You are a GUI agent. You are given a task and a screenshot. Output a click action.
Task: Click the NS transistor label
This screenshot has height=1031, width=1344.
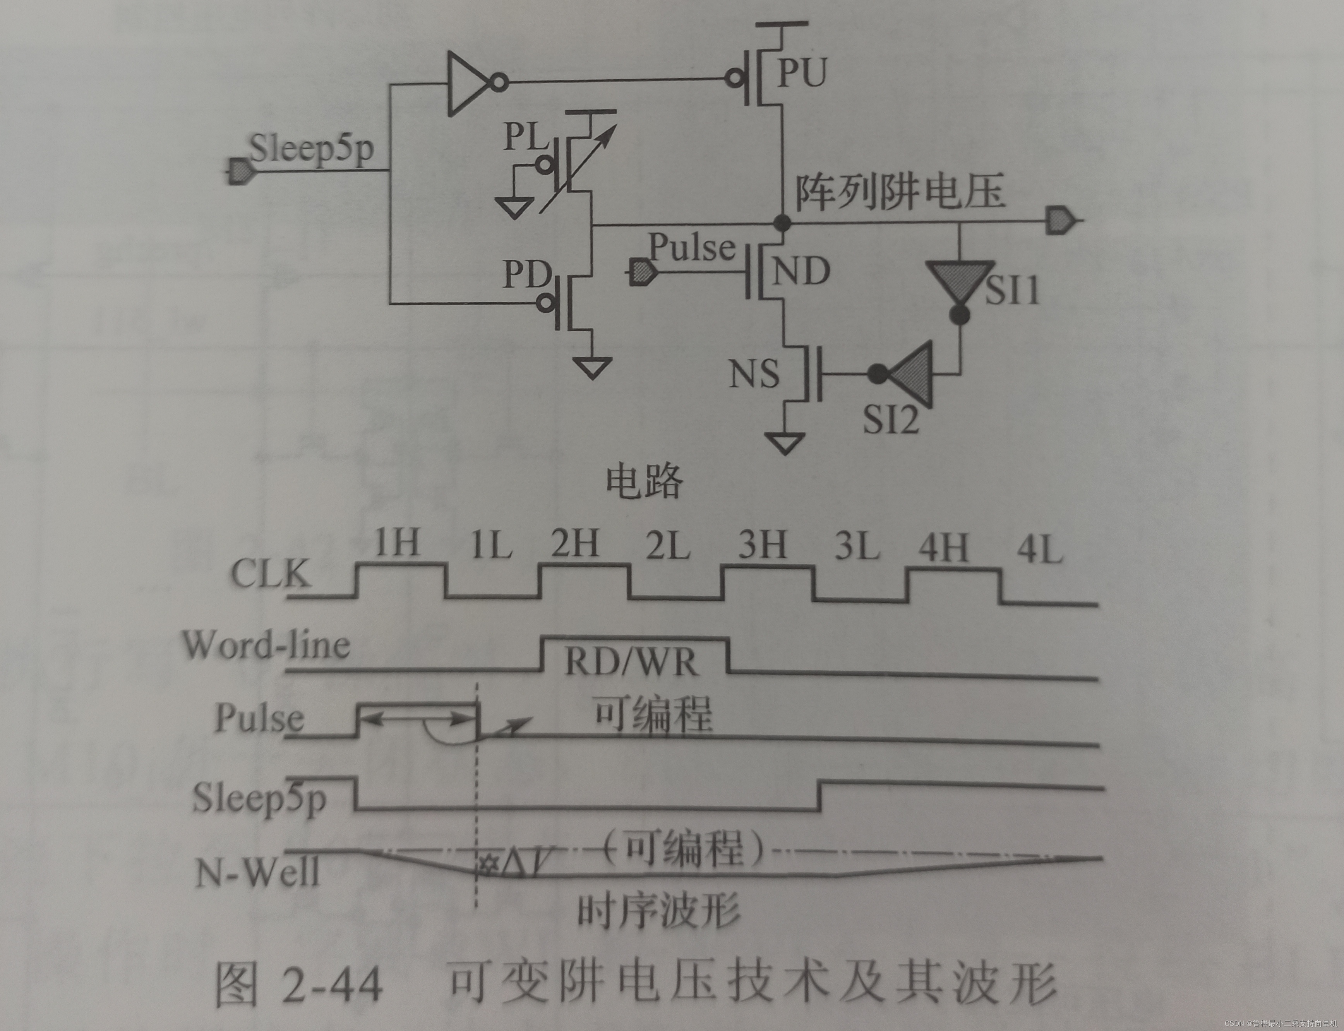coord(754,373)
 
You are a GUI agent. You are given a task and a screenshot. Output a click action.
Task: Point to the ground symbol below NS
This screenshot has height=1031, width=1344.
coord(784,442)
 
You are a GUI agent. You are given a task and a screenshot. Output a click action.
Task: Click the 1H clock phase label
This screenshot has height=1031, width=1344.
coord(397,543)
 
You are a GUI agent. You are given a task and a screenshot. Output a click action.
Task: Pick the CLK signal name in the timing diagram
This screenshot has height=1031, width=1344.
coord(270,574)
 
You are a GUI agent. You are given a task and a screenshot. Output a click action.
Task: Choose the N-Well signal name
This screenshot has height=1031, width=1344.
coord(258,872)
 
